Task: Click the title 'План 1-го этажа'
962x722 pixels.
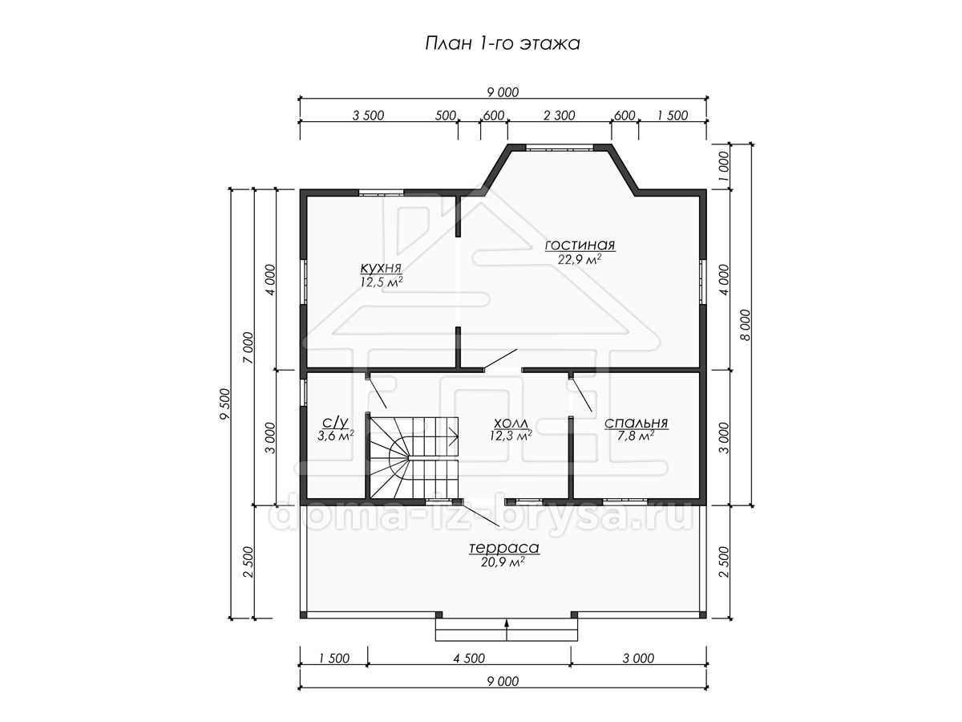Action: click(x=503, y=44)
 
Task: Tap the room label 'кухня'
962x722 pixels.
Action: click(x=381, y=267)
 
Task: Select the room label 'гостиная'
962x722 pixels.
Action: click(x=580, y=245)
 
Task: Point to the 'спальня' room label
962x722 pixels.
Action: click(x=636, y=423)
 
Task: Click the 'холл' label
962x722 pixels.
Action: click(x=511, y=423)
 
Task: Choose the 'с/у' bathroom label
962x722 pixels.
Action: click(x=335, y=423)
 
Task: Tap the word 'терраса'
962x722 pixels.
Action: click(x=503, y=548)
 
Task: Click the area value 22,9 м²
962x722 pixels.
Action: click(x=579, y=259)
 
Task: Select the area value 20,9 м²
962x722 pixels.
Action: click(x=503, y=562)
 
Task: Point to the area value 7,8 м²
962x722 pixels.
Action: click(x=636, y=436)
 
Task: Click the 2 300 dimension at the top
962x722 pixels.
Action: click(x=560, y=116)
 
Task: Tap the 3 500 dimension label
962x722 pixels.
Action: click(x=368, y=116)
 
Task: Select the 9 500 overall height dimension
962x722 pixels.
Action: click(x=224, y=404)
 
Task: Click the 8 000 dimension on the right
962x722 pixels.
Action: click(x=746, y=325)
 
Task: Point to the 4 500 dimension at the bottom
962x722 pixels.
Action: click(x=469, y=659)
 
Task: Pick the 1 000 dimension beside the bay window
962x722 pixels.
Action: click(x=725, y=166)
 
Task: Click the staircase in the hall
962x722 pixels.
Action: click(x=412, y=456)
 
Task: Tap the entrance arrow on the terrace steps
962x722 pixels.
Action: click(x=507, y=629)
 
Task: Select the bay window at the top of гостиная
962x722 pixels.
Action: click(x=560, y=148)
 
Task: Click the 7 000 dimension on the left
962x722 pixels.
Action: click(x=248, y=347)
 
